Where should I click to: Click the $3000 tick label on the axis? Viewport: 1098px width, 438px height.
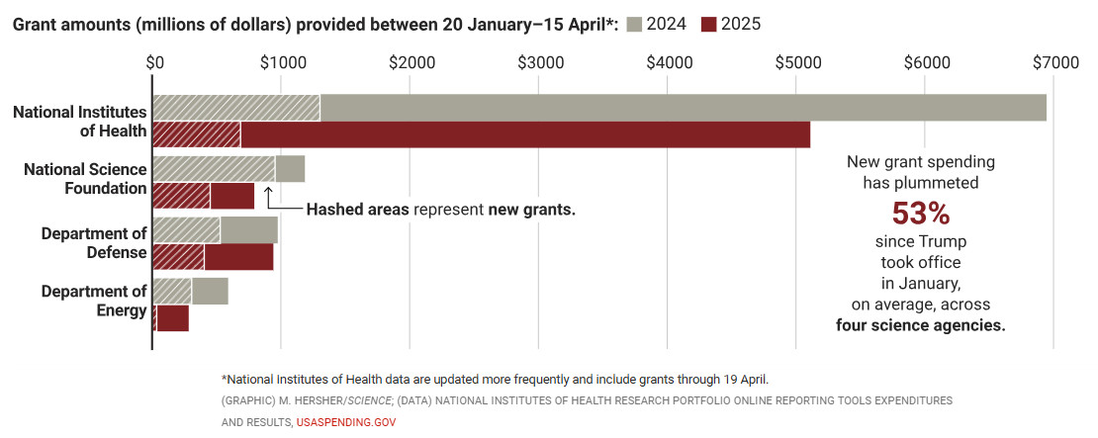click(540, 62)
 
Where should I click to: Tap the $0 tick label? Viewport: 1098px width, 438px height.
click(154, 62)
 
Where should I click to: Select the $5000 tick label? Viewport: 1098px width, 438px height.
click(797, 62)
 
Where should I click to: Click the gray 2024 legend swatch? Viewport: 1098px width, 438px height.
click(633, 24)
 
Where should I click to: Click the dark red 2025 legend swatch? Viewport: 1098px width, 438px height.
click(708, 24)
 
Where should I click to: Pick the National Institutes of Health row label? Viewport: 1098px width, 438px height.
click(79, 122)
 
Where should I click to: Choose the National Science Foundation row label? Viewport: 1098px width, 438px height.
click(85, 179)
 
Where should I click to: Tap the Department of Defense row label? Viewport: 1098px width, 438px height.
click(94, 243)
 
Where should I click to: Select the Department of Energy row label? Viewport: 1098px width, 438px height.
click(94, 302)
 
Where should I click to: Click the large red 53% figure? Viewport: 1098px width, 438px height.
click(920, 213)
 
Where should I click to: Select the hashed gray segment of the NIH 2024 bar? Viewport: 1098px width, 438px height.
click(236, 108)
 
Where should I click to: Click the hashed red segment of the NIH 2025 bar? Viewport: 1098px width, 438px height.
click(197, 135)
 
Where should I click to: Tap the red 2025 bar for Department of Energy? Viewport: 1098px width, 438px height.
click(173, 318)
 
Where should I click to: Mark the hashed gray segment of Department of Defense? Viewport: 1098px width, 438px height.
click(187, 229)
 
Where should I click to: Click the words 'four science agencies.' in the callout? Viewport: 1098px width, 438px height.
click(920, 325)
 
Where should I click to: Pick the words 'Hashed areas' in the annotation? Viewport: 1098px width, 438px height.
click(357, 210)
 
